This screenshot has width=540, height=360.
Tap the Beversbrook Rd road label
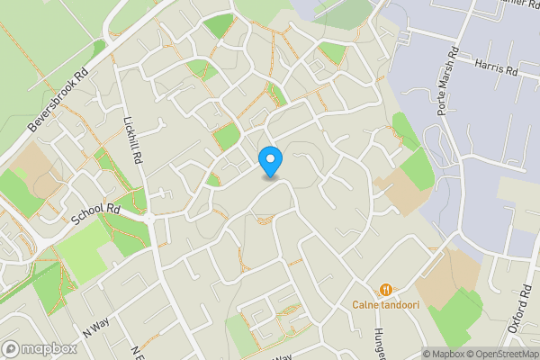pyautogui.click(x=61, y=99)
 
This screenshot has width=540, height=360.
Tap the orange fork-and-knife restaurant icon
pyautogui.click(x=385, y=289)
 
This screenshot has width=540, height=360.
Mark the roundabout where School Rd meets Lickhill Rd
pyautogui.click(x=149, y=217)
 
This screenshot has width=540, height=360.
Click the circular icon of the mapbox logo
pyautogui.click(x=11, y=348)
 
